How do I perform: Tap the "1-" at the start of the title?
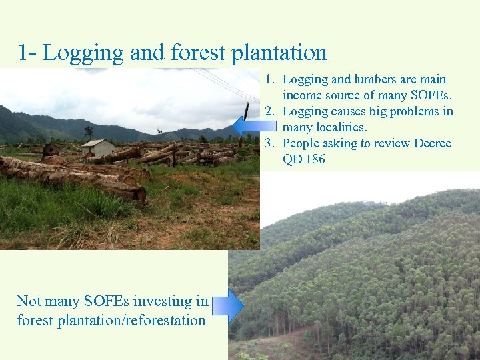(27, 53)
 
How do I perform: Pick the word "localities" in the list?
(324, 127)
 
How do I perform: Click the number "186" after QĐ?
(315, 159)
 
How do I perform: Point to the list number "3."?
(270, 143)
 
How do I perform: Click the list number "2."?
(270, 111)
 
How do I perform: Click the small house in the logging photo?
(99, 147)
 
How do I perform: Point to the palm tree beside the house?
(89, 133)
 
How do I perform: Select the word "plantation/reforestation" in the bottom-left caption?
(111, 320)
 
